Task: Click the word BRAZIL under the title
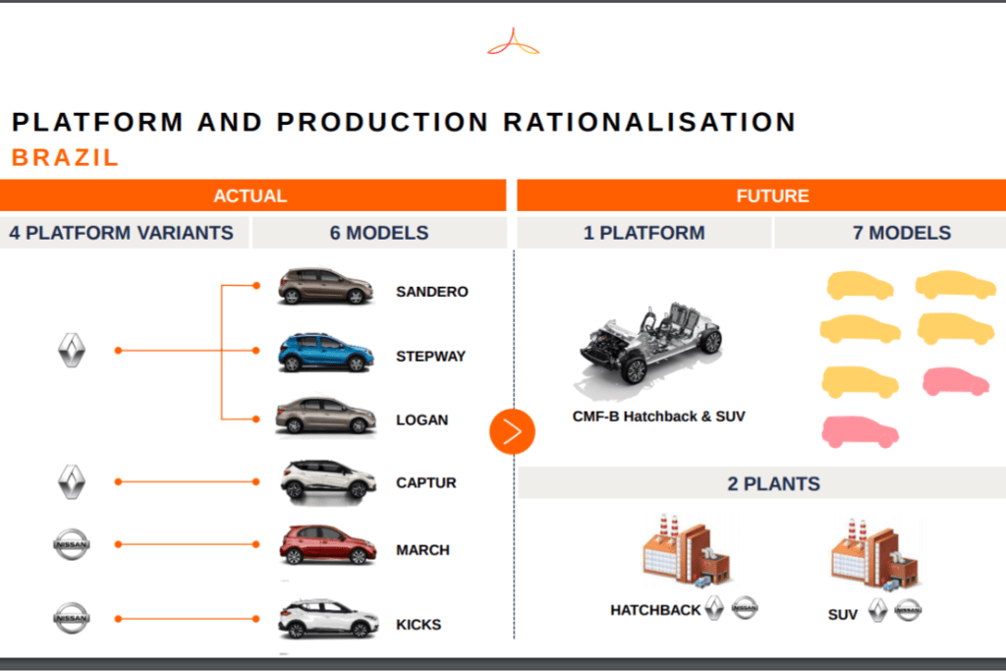[66, 158]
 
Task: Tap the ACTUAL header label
[251, 196]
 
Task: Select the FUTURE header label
[772, 196]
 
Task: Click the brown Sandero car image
[325, 286]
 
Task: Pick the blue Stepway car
[325, 352]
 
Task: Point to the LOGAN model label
[421, 420]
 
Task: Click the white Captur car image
[328, 479]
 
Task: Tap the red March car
[327, 545]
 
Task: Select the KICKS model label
[419, 625]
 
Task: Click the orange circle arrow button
[512, 431]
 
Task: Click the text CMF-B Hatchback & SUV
[659, 417]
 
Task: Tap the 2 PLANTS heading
[774, 483]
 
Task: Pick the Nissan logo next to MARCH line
[71, 544]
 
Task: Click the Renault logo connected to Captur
[71, 481]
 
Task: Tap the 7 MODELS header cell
[902, 232]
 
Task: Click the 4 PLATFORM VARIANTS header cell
[121, 232]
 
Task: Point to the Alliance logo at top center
[513, 42]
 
